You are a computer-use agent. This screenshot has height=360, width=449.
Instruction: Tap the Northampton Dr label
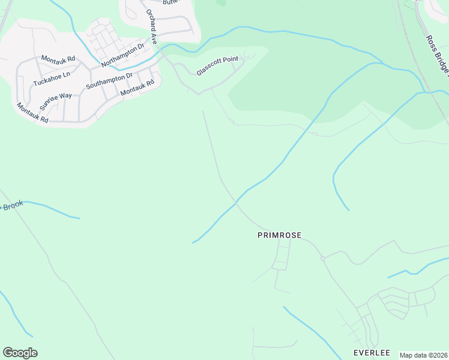click(123, 55)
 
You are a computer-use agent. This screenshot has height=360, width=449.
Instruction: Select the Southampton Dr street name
click(109, 80)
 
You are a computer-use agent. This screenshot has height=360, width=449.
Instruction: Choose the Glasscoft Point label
click(217, 67)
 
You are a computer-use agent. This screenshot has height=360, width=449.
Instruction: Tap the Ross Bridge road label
click(436, 57)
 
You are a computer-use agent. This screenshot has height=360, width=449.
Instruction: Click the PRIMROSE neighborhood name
click(279, 236)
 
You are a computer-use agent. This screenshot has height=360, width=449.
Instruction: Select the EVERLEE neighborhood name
click(372, 352)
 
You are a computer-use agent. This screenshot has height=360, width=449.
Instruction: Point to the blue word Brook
click(12, 205)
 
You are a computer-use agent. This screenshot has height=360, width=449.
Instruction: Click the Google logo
click(20, 353)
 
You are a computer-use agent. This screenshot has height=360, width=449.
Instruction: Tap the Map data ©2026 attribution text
click(423, 355)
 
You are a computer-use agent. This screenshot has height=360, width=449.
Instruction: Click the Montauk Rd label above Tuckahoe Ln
click(58, 59)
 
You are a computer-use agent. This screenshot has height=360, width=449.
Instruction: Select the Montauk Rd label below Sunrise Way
click(32, 113)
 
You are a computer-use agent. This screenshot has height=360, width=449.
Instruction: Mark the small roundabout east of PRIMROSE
click(323, 259)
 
